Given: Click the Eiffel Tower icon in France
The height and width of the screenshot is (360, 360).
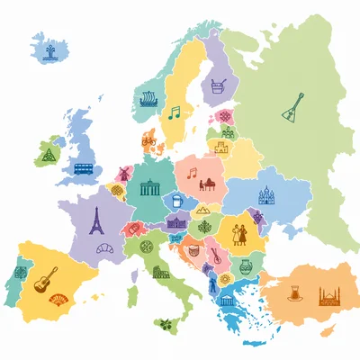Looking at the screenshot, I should pyautogui.click(x=96, y=220).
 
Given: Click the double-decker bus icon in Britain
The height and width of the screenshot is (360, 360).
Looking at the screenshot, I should pyautogui.click(x=84, y=168).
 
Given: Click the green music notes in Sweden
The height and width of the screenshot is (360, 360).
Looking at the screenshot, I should pyautogui.click(x=174, y=113).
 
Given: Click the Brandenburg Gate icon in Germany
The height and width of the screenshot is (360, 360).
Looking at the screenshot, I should pyautogui.click(x=148, y=188).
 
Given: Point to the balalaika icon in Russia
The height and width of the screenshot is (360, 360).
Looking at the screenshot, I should pyautogui.click(x=292, y=110).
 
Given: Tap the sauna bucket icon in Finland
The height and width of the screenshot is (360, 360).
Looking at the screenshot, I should pyautogui.click(x=217, y=86).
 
